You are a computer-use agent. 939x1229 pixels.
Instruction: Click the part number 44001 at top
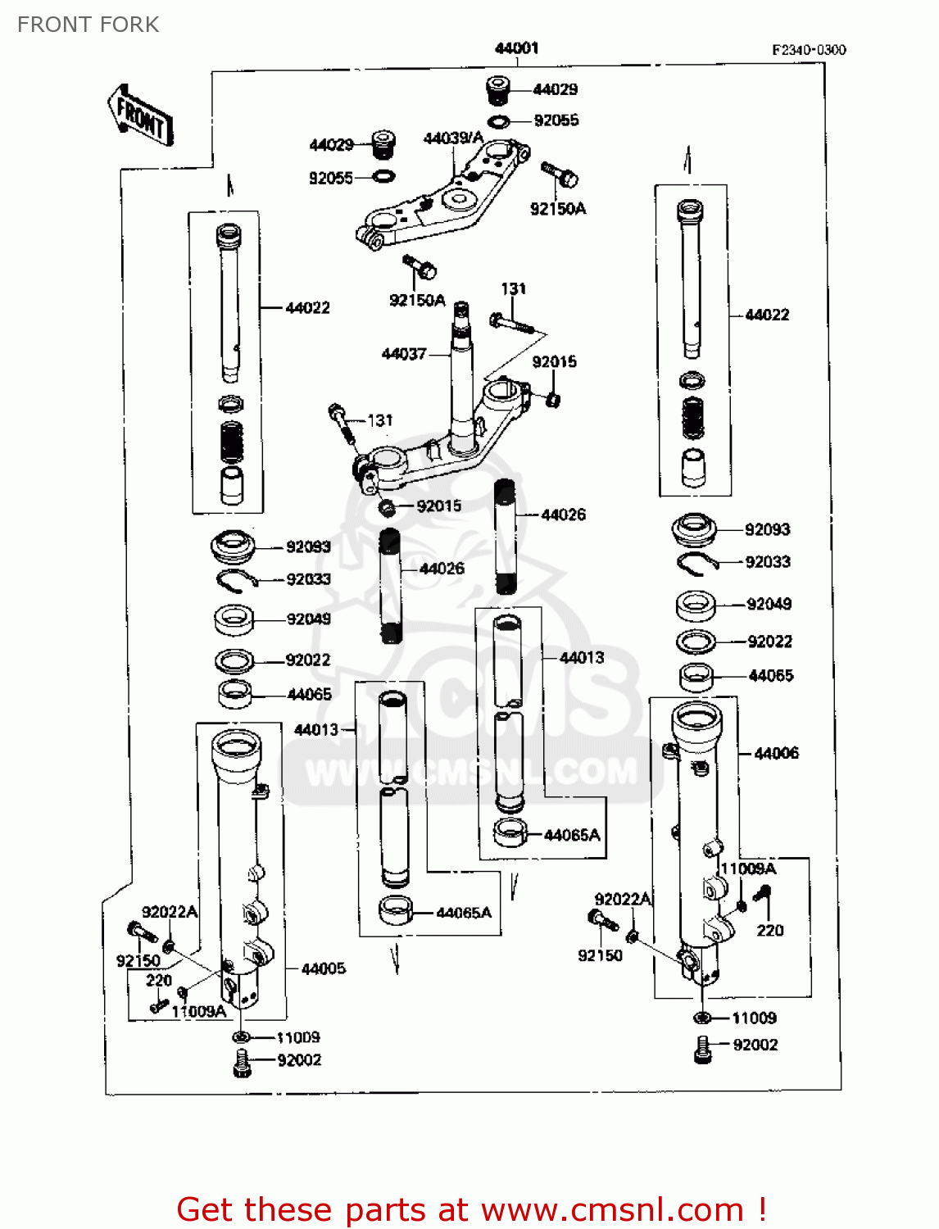[516, 48]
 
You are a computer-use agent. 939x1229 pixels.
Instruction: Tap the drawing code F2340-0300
[808, 50]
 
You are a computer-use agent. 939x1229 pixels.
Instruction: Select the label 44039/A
[452, 138]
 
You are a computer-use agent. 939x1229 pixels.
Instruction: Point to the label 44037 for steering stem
[404, 354]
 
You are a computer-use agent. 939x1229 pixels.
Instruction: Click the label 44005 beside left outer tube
[323, 968]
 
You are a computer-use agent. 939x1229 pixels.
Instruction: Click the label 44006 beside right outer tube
[776, 753]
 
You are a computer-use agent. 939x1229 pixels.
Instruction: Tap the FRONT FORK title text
[88, 25]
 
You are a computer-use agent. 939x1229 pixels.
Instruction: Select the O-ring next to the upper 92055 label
[498, 122]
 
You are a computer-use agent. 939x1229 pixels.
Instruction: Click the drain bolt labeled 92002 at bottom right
[702, 1049]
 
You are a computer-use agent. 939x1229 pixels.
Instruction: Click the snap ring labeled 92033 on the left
[236, 580]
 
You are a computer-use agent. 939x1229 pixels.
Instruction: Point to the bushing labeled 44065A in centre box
[510, 832]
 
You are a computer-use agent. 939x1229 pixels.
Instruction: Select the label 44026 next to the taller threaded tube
[564, 515]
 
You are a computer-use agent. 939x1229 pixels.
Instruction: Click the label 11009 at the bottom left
[298, 1037]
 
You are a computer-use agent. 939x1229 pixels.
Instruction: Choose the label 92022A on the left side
[170, 912]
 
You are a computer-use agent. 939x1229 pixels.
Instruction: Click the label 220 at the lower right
[769, 930]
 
